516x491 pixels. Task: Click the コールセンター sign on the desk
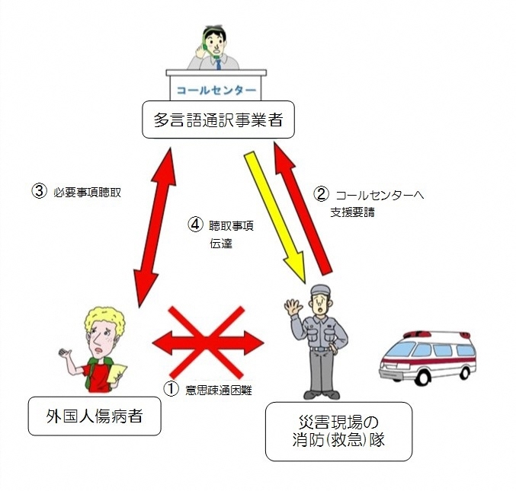tap(216, 89)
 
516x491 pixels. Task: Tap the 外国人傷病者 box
tap(95, 416)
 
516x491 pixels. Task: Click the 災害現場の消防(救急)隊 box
tap(338, 431)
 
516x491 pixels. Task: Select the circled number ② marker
tap(322, 194)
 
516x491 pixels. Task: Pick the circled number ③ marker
tap(39, 191)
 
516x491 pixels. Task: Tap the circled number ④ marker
tap(196, 225)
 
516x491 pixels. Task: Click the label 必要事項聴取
tap(89, 192)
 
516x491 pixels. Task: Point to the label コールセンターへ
tap(379, 195)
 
